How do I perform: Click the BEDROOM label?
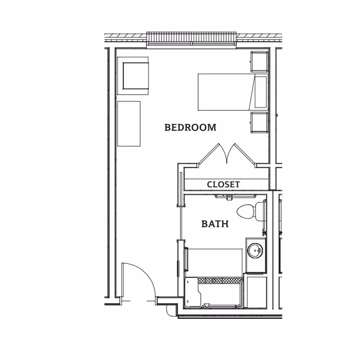(x=190, y=127)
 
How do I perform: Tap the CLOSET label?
(x=223, y=184)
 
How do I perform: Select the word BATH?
(x=215, y=224)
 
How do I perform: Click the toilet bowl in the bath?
(x=246, y=212)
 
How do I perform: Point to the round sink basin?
(x=256, y=250)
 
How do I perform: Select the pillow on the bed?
(x=260, y=92)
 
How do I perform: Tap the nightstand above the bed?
(x=259, y=61)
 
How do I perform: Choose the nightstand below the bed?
(x=259, y=122)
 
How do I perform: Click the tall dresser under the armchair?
(x=128, y=123)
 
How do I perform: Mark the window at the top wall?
(x=191, y=38)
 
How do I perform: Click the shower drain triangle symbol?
(x=206, y=306)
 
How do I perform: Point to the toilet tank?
(x=260, y=211)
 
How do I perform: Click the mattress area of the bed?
(x=224, y=92)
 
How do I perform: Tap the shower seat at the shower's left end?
(x=191, y=292)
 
